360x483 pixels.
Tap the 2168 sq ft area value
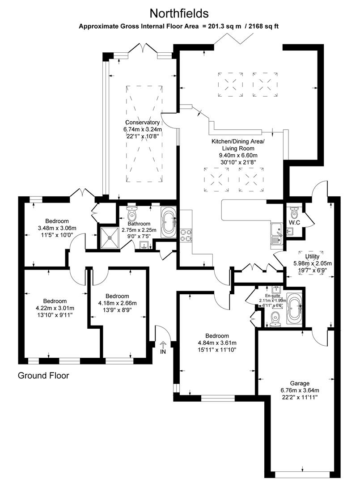262,26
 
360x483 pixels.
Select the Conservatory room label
142,123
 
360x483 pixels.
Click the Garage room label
300,383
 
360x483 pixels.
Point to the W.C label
294,222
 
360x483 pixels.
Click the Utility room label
313,257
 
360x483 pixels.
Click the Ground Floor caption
43,376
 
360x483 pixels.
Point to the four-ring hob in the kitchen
186,235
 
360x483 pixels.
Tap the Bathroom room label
139,224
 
